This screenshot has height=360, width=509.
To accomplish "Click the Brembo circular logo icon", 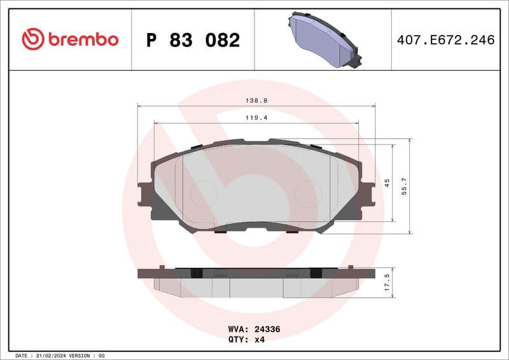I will click(x=33, y=39).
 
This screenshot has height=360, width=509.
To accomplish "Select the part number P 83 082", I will click(x=193, y=40).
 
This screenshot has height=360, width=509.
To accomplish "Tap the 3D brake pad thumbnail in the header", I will click(x=323, y=39).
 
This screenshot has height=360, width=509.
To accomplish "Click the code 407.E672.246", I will click(x=445, y=40).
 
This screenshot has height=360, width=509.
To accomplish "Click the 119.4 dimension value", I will click(x=256, y=118).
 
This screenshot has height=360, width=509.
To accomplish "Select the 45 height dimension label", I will click(x=387, y=183).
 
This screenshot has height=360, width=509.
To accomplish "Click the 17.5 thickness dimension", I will click(x=387, y=282).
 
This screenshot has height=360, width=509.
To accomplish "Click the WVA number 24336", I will click(x=268, y=330).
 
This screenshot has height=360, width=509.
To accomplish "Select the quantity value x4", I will click(x=259, y=340).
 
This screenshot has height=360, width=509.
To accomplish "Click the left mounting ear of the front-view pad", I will click(x=144, y=193).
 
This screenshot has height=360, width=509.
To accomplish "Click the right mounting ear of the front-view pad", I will click(x=368, y=193).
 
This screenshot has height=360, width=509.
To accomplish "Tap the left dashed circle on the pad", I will click(x=204, y=193).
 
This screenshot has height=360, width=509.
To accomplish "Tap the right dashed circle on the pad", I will click(x=308, y=193).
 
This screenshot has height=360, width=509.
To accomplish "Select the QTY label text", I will click(x=239, y=340).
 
